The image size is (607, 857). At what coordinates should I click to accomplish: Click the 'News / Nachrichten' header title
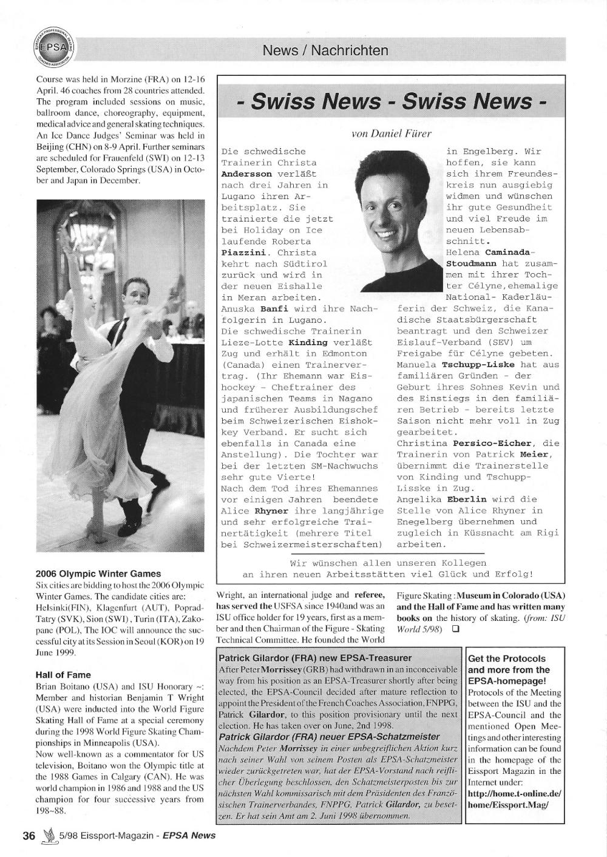coord(325,50)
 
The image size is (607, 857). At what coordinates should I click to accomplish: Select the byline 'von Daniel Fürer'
coord(392,133)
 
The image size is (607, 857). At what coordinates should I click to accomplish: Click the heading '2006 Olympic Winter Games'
coord(98,574)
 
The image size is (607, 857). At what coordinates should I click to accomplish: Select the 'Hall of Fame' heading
coord(63,674)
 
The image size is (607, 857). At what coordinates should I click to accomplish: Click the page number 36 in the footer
coord(29,835)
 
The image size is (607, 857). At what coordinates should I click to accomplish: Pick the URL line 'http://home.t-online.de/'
coord(515,793)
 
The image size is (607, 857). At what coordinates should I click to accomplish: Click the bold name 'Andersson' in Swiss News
coord(246,174)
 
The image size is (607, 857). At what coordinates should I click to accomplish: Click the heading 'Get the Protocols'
coord(507,659)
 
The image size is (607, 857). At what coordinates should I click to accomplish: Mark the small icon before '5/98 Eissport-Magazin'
coord(49,835)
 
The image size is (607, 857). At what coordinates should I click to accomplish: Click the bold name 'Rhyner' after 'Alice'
coord(271,511)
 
